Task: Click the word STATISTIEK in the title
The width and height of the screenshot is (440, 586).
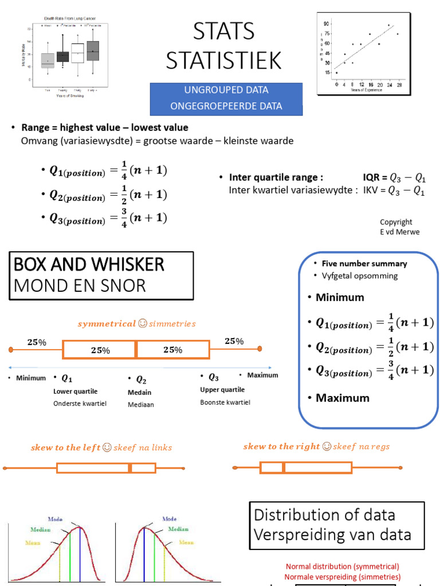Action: click(x=223, y=60)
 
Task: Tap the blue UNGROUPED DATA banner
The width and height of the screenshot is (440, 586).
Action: click(x=226, y=90)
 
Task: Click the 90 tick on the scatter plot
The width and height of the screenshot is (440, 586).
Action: click(x=327, y=24)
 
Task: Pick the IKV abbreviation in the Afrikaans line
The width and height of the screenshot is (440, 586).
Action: click(x=371, y=191)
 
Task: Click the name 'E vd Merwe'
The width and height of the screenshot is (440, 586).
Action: click(x=399, y=231)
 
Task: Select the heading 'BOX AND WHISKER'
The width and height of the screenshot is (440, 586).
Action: click(x=89, y=264)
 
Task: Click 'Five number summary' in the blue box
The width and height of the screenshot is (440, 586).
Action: click(x=364, y=264)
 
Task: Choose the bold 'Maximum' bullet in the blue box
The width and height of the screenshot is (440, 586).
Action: click(x=342, y=398)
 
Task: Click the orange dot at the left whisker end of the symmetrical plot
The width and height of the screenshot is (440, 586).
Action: click(x=10, y=349)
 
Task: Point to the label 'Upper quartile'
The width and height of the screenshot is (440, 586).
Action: click(x=222, y=390)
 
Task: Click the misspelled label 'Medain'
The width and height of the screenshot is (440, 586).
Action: click(x=139, y=393)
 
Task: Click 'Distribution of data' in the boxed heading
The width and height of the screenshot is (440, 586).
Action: click(x=324, y=514)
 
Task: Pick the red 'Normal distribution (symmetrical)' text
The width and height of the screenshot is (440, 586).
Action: click(x=343, y=566)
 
